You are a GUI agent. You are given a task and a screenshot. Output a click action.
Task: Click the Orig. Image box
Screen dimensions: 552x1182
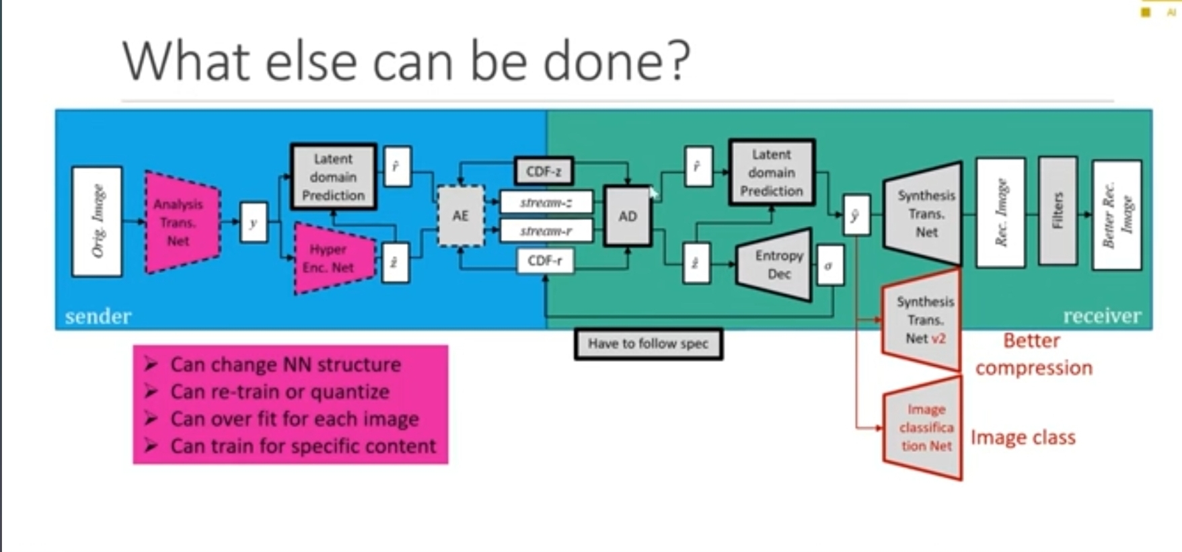pos(97,221)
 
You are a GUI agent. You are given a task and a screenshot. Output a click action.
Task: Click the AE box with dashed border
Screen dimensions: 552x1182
pos(460,216)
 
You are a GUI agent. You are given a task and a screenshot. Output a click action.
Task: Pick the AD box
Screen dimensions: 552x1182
pos(628,216)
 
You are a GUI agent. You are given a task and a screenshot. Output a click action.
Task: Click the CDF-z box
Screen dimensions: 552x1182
pos(544,171)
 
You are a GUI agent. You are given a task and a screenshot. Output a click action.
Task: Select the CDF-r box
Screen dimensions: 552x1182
pos(545,260)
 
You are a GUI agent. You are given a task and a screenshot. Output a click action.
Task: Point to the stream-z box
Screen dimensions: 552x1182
pos(546,202)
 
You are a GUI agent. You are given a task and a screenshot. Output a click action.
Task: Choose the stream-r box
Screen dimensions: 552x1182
pos(546,231)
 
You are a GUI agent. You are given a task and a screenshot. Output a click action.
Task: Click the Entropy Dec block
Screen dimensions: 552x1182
pos(776,265)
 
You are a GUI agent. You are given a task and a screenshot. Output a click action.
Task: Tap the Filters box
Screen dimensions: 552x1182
pos(1058,210)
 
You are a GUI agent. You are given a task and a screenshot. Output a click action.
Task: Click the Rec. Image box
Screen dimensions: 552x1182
pos(1000,212)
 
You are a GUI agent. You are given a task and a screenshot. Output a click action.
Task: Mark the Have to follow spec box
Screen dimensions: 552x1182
pos(648,344)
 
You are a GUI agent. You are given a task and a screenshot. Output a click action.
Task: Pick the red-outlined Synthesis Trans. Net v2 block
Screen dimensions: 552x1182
pos(923,320)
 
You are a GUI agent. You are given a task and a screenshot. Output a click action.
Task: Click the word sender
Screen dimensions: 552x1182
pos(98,316)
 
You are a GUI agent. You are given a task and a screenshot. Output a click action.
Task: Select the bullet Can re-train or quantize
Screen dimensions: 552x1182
pos(280,391)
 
